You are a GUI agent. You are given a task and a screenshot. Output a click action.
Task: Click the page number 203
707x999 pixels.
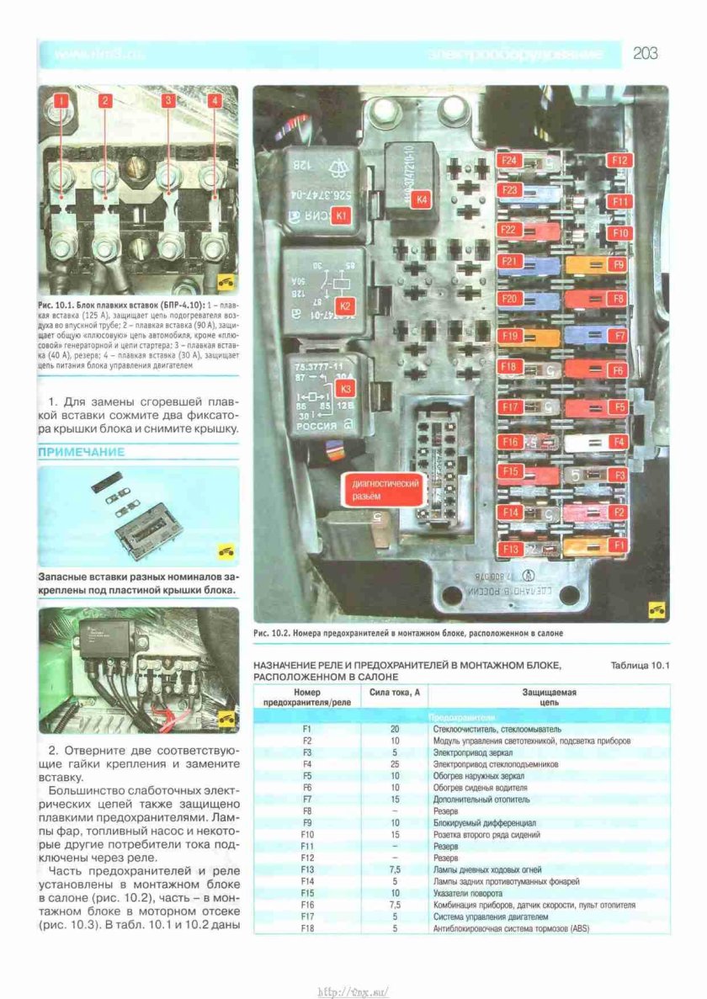coord(646,54)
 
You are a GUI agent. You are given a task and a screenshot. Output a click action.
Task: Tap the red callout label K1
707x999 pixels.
coord(341,215)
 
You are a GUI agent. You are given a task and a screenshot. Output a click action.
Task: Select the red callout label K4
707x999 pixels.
coord(423,199)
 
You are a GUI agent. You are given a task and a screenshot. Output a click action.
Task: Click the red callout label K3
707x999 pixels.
coord(346,389)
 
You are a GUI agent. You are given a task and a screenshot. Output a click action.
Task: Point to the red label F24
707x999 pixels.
coord(509,159)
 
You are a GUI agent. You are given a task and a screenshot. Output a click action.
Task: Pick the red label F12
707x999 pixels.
coord(621,159)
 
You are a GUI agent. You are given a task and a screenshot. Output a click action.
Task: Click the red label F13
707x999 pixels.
coord(509,549)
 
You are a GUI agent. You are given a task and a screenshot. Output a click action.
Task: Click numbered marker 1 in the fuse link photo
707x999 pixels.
coord(61,101)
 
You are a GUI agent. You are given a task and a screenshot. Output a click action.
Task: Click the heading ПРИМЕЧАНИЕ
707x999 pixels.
coord(81,453)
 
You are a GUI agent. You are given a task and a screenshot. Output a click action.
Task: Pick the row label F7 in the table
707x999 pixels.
coord(307,799)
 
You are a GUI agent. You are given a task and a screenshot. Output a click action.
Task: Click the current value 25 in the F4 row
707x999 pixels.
coord(395,763)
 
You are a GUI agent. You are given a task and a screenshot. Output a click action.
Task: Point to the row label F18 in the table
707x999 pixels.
coord(307,928)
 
